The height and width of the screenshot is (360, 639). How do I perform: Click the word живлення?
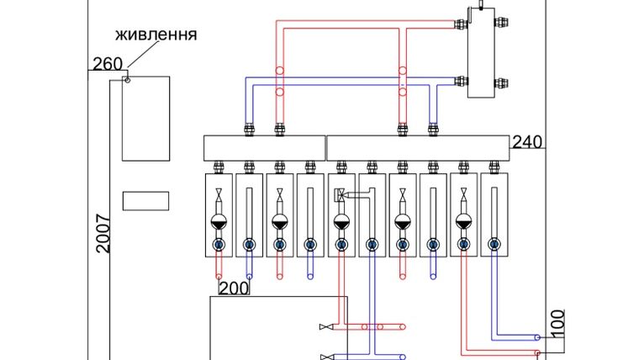click(156, 35)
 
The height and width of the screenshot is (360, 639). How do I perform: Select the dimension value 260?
click(108, 64)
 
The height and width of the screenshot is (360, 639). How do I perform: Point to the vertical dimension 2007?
click(103, 234)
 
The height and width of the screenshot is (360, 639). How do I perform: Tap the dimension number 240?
click(527, 142)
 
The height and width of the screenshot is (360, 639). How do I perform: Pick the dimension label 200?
click(234, 289)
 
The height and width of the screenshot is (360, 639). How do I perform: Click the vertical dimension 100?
click(557, 324)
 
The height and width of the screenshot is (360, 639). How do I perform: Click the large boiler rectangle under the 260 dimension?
click(146, 119)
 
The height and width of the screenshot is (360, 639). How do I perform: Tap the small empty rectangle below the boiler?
click(146, 201)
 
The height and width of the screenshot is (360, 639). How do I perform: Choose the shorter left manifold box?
click(265, 148)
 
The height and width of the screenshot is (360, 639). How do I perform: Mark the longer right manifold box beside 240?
click(418, 148)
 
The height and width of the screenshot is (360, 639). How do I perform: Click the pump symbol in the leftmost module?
click(219, 222)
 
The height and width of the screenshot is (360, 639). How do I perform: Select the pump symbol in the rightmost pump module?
click(463, 222)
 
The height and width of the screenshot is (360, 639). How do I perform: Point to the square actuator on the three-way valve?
click(339, 194)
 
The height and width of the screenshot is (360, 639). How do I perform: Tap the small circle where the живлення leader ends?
click(128, 80)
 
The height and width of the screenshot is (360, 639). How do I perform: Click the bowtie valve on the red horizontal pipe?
click(326, 327)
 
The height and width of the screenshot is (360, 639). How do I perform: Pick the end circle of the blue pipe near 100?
click(537, 337)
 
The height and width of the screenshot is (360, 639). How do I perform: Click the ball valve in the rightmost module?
click(494, 245)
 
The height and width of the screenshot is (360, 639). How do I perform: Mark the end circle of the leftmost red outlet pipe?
click(219, 277)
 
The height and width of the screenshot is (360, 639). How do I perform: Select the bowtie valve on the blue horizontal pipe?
click(327, 357)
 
